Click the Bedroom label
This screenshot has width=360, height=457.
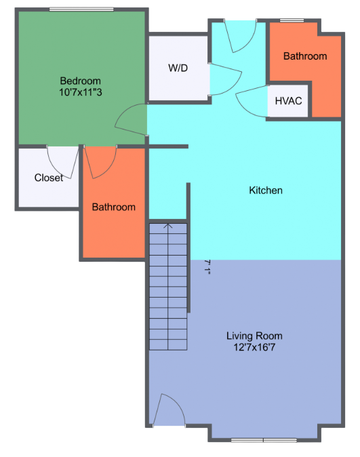(x=80, y=81)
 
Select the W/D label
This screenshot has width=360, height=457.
(x=178, y=68)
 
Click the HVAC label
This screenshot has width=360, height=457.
(x=288, y=101)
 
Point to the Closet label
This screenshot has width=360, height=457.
(x=49, y=178)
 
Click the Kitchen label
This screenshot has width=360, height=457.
(x=266, y=191)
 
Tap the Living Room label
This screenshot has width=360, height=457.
(x=254, y=336)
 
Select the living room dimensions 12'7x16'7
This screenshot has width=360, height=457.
(x=254, y=347)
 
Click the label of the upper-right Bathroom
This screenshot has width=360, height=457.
(x=305, y=56)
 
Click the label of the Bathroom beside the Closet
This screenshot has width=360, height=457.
(x=114, y=207)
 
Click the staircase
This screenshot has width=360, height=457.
(x=168, y=285)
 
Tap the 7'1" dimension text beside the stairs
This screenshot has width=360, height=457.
(x=207, y=266)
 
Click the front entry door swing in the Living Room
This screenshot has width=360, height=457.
(x=167, y=410)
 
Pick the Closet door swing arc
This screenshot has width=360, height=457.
(x=64, y=162)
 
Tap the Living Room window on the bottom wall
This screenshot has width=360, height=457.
(x=264, y=441)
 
